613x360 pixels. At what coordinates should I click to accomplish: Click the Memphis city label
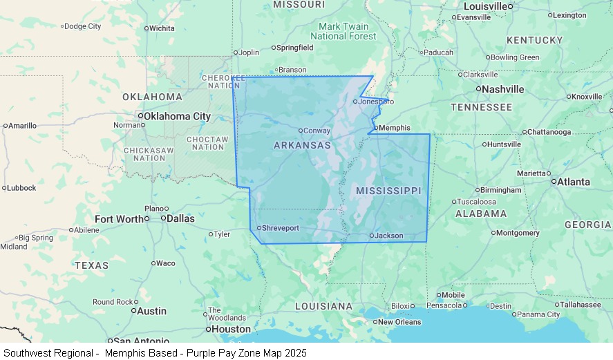[x=395, y=128]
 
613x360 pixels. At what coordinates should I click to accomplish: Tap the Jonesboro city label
[x=375, y=102]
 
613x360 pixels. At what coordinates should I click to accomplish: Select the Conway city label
[x=317, y=131]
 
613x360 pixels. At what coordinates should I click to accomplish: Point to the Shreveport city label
[x=280, y=228]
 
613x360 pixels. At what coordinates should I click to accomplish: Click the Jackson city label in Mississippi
[x=388, y=236]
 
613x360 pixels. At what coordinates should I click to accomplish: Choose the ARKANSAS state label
[x=302, y=145]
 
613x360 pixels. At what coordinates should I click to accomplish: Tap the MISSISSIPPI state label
[x=388, y=190]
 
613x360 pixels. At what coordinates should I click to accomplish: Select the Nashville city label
[x=502, y=89]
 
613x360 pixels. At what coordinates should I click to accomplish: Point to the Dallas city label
[x=181, y=218]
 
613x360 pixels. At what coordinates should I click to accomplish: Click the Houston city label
[x=231, y=329]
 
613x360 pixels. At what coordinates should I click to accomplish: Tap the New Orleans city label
[x=399, y=322]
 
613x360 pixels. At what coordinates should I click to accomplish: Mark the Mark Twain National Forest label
[x=343, y=31]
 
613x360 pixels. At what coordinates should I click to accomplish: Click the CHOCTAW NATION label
[x=208, y=143]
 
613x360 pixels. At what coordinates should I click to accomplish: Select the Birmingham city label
[x=501, y=190]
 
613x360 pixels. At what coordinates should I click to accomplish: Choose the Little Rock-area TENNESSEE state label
[x=481, y=107]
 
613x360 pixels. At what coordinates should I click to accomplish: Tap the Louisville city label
[x=485, y=6]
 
